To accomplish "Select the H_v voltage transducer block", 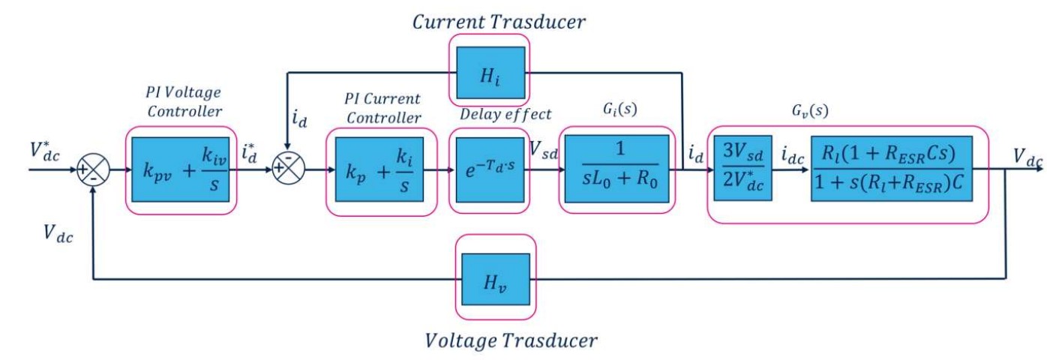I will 496,277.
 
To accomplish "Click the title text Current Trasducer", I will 499,21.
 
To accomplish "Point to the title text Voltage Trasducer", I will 511,341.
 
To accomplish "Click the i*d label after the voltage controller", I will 251,151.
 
